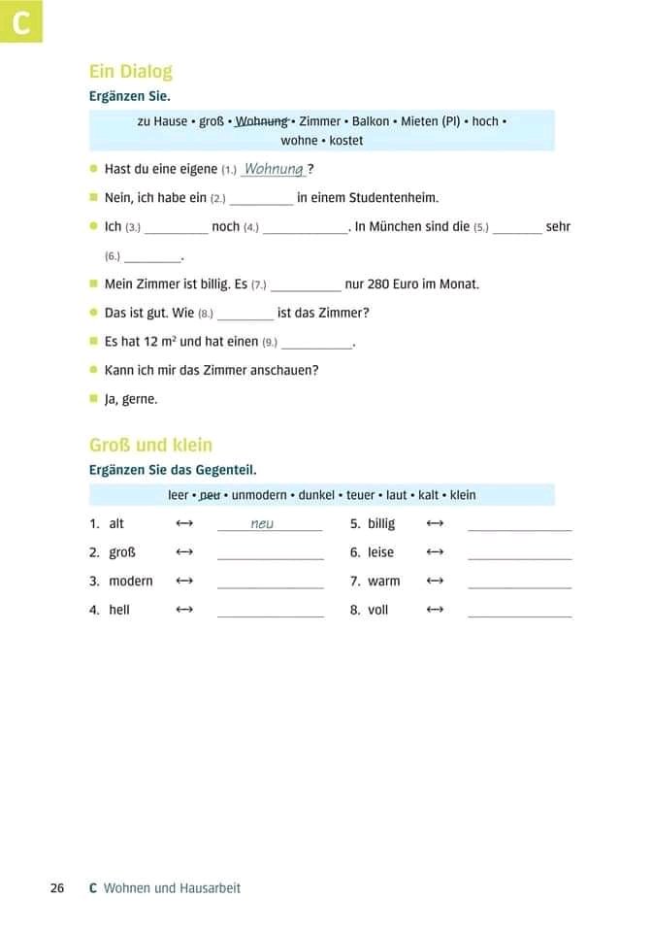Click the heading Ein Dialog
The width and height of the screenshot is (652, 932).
(x=130, y=72)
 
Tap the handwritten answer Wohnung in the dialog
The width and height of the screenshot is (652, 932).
(x=274, y=169)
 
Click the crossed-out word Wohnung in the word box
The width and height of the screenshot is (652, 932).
(x=262, y=121)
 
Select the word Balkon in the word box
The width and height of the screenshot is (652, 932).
(x=371, y=121)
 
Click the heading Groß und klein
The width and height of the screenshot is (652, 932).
(x=150, y=446)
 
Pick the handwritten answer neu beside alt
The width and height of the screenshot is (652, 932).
(x=262, y=523)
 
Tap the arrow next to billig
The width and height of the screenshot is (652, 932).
(x=435, y=523)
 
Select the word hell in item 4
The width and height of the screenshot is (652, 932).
(x=119, y=610)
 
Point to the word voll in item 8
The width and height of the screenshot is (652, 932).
(x=377, y=610)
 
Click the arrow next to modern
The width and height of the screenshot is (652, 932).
(x=184, y=581)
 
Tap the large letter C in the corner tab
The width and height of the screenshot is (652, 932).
(x=20, y=22)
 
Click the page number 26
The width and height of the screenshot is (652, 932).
(x=57, y=888)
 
